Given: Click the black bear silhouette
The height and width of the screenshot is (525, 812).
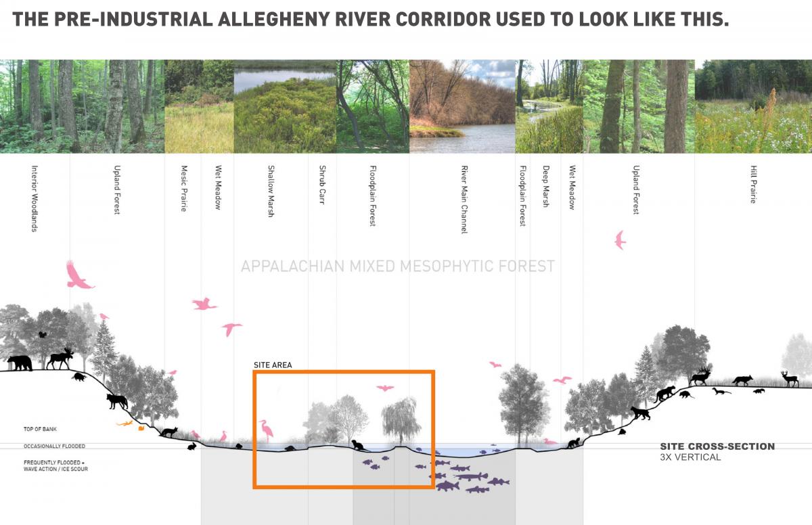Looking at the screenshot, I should [x=20, y=363].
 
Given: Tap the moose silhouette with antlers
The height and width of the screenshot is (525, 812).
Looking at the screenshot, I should [x=61, y=358].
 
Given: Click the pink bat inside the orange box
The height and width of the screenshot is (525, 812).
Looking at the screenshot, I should [x=384, y=388].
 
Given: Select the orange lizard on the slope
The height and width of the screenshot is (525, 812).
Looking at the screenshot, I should [x=125, y=424].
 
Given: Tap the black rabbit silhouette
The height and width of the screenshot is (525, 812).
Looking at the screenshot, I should [x=192, y=445].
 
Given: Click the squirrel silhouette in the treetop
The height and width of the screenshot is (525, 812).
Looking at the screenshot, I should [x=42, y=334].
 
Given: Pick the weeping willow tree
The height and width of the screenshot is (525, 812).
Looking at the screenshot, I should [x=401, y=420].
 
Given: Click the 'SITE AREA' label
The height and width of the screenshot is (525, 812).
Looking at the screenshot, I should [x=273, y=365].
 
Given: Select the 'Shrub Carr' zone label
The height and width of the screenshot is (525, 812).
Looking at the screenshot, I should [x=322, y=185].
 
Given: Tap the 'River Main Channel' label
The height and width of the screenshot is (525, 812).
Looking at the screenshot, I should [x=464, y=200].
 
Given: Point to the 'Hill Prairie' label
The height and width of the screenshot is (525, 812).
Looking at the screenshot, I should [x=753, y=185].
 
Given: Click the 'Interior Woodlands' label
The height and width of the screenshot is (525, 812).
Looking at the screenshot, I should [x=34, y=199].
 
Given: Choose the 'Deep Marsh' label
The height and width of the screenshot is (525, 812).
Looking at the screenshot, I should [x=545, y=186].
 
